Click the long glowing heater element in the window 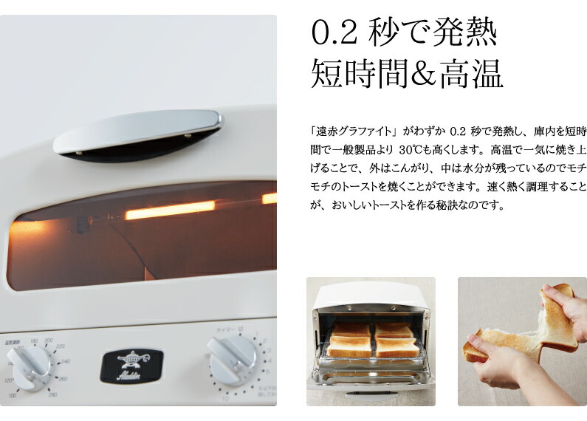click(169, 210)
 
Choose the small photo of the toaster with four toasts click(371, 340)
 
